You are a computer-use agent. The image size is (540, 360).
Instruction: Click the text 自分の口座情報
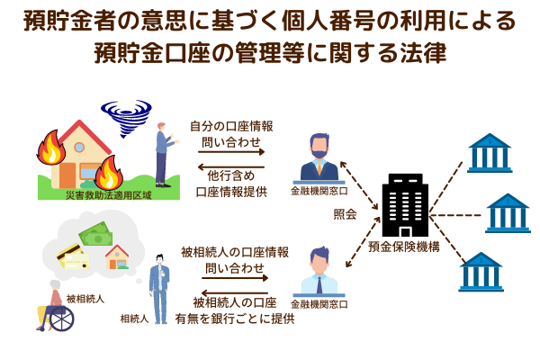click(231, 126)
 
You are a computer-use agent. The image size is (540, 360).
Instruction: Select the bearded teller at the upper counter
click(319, 157)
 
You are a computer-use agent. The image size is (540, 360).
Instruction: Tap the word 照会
click(345, 216)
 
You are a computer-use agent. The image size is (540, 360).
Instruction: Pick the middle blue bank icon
click(508, 212)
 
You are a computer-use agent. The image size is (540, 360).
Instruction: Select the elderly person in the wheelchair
click(56, 306)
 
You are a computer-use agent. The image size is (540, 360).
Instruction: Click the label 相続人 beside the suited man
click(134, 319)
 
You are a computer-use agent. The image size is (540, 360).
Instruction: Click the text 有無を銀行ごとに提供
click(239, 319)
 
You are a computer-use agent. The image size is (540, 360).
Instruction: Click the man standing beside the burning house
click(163, 153)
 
